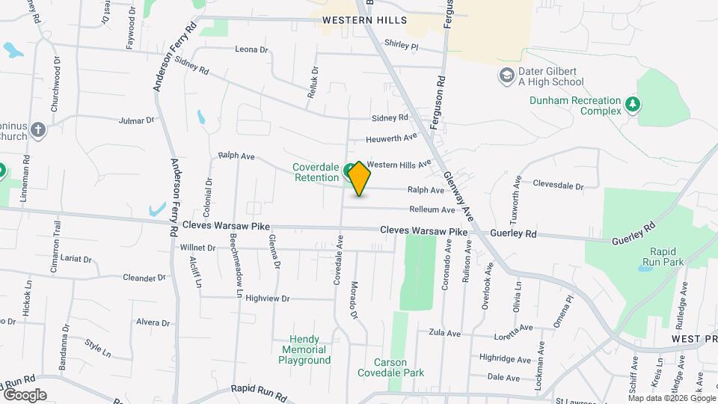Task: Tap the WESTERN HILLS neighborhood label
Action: pyautogui.click(x=365, y=20)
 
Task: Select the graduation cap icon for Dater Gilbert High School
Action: pyautogui.click(x=506, y=76)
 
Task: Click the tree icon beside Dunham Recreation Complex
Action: pyautogui.click(x=633, y=105)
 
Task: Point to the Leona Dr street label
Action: pyautogui.click(x=251, y=49)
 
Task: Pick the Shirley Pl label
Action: pyautogui.click(x=401, y=45)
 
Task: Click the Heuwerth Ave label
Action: pyautogui.click(x=391, y=138)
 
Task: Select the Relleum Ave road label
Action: pyautogui.click(x=432, y=210)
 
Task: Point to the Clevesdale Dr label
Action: pyautogui.click(x=558, y=184)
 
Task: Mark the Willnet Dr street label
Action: pyautogui.click(x=197, y=248)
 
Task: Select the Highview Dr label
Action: pyautogui.click(x=267, y=299)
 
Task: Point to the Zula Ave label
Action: pyautogui.click(x=443, y=331)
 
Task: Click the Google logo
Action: pyautogui.click(x=25, y=395)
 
